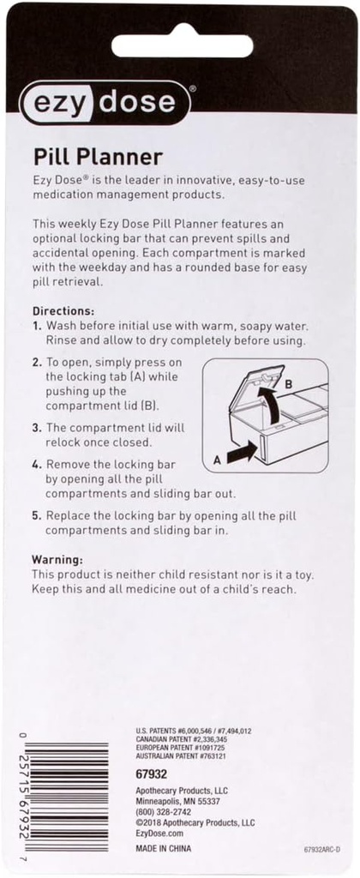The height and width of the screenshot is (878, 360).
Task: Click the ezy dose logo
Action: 105,103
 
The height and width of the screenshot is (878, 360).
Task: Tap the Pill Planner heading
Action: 98,158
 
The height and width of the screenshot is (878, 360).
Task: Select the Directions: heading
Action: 63,310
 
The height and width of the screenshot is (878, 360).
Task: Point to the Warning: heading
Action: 57,559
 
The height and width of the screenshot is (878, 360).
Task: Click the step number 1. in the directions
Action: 36,325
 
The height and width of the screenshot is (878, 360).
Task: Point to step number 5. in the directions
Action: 36,515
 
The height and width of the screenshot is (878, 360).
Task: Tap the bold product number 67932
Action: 151,774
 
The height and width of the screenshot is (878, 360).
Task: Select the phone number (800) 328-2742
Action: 164,812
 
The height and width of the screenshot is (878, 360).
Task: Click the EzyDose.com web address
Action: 160,833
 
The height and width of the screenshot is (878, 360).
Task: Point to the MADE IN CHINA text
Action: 164,848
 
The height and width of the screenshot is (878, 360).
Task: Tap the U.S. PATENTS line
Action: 192,731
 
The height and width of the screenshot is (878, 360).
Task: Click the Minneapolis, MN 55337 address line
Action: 178,802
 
